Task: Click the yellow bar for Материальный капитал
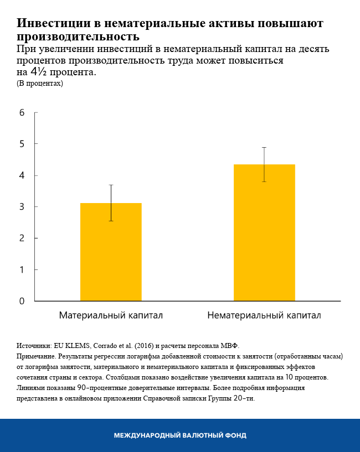pos(111,252)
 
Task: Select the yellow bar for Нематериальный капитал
pos(264,233)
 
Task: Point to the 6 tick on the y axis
pos(22,113)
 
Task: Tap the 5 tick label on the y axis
pos(22,144)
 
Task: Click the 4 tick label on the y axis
pos(22,175)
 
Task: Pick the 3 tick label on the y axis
pos(22,207)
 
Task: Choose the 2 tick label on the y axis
pos(22,238)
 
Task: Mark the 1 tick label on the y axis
pos(22,270)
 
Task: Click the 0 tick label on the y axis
pos(22,302)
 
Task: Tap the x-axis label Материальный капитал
pos(111,316)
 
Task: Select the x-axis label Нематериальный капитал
pos(264,316)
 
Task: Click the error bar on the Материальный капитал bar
pos(111,202)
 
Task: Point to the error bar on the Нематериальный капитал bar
pos(264,164)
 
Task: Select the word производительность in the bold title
pos(78,37)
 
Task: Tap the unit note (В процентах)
pos(40,84)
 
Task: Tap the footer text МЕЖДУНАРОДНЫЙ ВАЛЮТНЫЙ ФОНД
pos(180,435)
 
